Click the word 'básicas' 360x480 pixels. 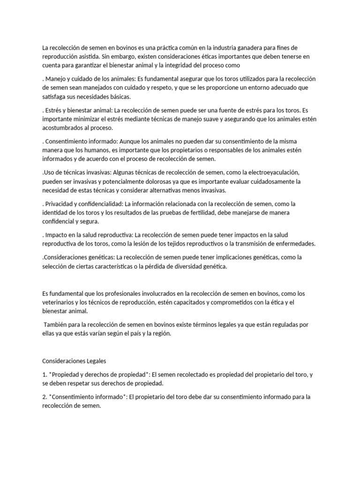(x=117, y=96)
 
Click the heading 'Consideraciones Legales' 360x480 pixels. (x=75, y=362)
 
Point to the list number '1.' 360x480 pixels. (x=45, y=375)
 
